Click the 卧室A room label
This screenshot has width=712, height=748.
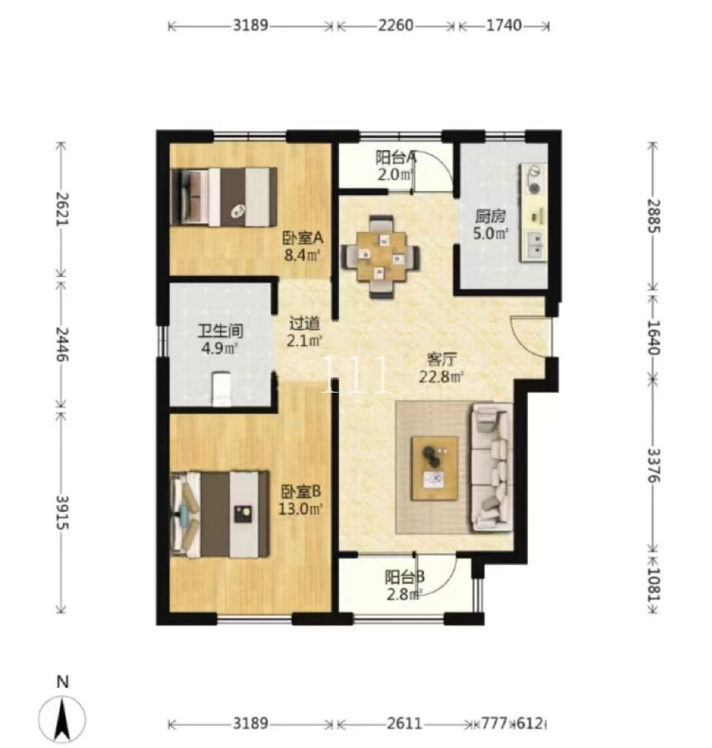303,238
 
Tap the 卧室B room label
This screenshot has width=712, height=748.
300,492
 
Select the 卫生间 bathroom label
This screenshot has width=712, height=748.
220,331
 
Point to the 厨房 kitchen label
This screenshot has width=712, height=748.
490,217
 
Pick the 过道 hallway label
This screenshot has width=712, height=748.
304,324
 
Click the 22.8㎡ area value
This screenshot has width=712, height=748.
441,377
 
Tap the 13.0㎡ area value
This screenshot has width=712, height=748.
300,508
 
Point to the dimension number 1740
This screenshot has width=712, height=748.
503,26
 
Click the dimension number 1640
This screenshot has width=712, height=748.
654,337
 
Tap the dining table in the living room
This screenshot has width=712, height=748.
380,256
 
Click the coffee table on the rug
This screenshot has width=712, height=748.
434,468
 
